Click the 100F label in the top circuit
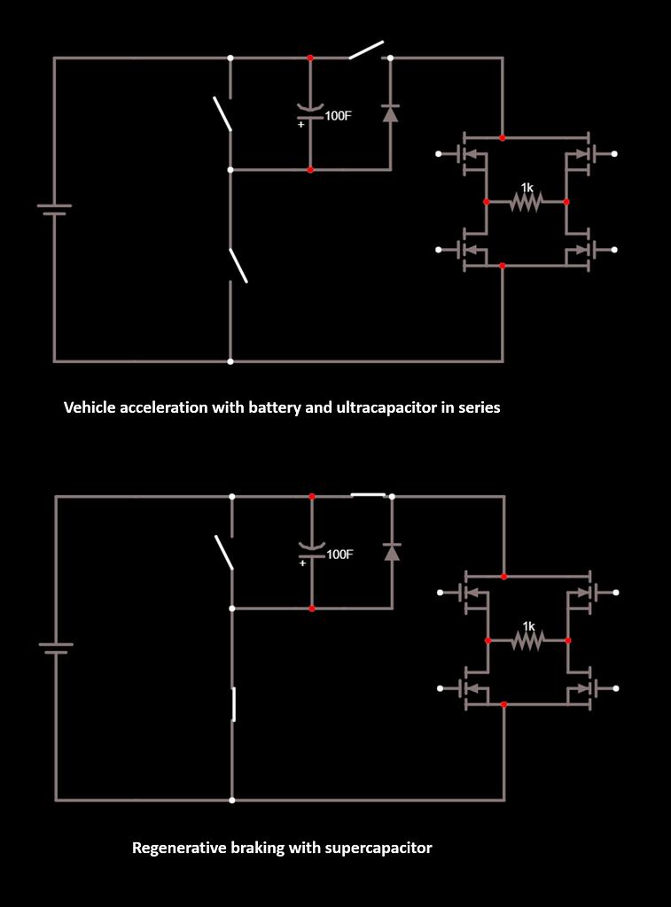[x=338, y=115]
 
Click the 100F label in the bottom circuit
[x=339, y=554]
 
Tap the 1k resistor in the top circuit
[x=526, y=202]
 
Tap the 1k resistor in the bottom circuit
[x=527, y=640]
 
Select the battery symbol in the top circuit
[x=54, y=209]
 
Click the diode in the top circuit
[x=390, y=112]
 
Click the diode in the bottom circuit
[x=392, y=552]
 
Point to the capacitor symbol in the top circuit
[x=310, y=110]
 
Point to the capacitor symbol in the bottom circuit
[x=312, y=549]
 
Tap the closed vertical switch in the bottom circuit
[x=233, y=705]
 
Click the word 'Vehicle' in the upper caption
[x=90, y=408]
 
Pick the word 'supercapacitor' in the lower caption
[x=378, y=848]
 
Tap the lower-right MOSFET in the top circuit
[x=581, y=252]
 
